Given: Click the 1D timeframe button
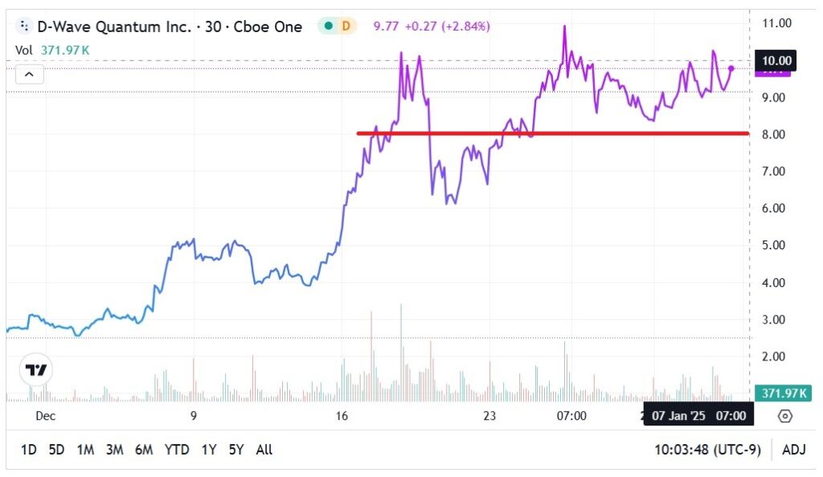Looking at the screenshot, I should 28,450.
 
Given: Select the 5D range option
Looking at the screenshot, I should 56,450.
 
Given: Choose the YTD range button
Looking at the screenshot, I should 178,450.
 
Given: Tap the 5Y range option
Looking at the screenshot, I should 235,450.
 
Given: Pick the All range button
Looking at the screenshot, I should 264,450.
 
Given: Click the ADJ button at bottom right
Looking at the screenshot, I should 794,450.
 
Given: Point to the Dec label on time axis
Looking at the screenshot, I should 45,416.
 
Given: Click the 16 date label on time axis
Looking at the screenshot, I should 342,416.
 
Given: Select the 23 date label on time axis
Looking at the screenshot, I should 489,416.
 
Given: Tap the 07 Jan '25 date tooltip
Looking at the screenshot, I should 698,416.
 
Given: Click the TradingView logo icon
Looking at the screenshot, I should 36,370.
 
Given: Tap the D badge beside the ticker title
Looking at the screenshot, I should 346,26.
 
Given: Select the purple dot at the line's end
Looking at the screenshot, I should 731,68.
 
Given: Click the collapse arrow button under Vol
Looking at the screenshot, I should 29,75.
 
